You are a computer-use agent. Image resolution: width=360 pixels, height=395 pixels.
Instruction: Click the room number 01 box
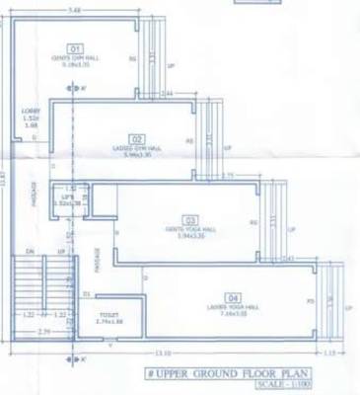pyautogui.click(x=74, y=47)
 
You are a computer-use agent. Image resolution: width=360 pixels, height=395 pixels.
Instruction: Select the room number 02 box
pyautogui.click(x=137, y=137)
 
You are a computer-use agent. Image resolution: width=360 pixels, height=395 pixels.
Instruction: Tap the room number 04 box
pyautogui.click(x=233, y=297)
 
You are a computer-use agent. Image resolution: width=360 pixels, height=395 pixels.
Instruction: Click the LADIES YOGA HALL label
pyautogui.click(x=234, y=307)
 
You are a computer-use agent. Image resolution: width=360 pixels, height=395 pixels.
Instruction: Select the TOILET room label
pyautogui.click(x=108, y=315)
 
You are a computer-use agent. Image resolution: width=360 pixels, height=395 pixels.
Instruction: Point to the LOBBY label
pyautogui.click(x=30, y=113)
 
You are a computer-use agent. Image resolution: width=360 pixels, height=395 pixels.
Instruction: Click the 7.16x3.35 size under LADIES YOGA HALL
pyautogui.click(x=234, y=314)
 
